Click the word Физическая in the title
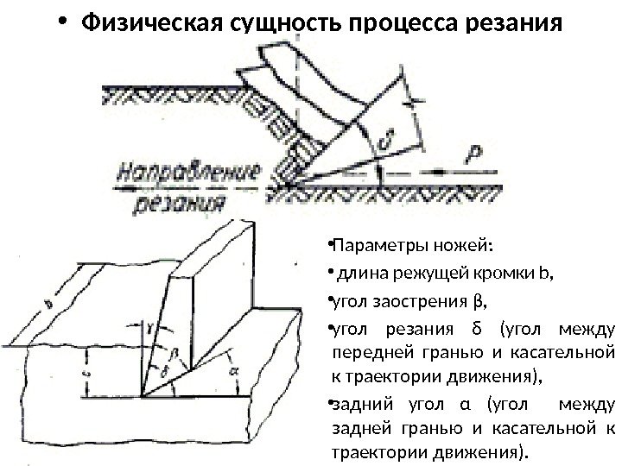point(143,20)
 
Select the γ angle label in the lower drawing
point(152,326)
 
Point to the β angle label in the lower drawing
point(173,353)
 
